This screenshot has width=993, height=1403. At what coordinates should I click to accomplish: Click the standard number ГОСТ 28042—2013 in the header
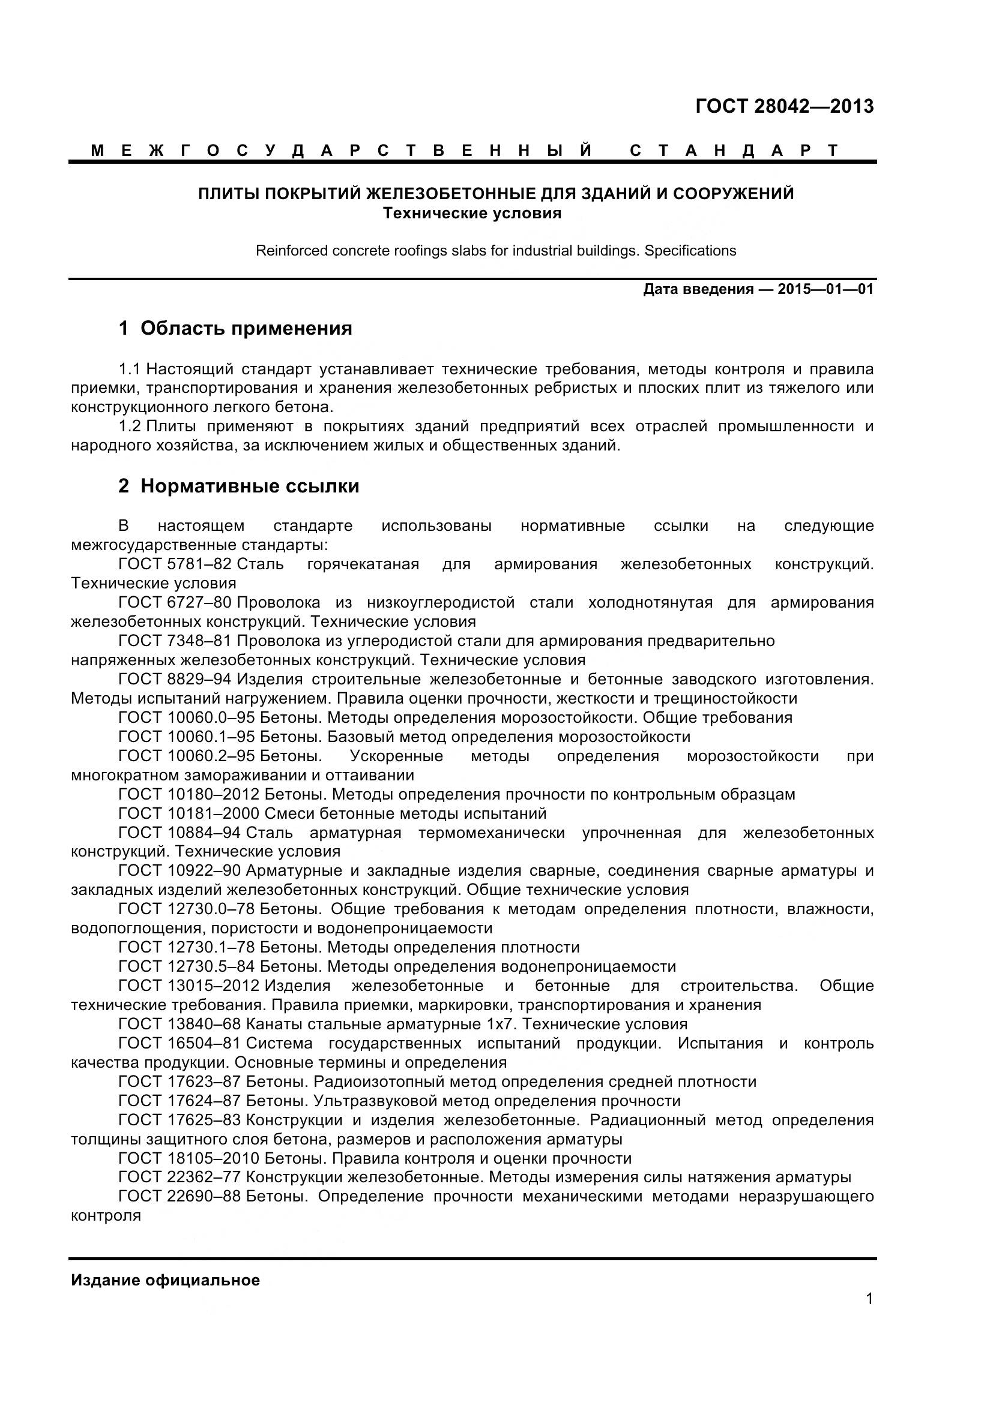point(785,106)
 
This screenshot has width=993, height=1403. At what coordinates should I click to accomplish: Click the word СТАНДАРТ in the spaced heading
point(734,151)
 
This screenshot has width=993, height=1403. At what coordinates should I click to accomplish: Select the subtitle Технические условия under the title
point(471,214)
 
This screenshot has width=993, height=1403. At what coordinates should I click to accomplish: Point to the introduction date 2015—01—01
point(825,289)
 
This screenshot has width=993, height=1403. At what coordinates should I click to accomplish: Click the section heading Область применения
point(246,328)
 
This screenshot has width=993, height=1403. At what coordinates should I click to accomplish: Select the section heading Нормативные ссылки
point(250,486)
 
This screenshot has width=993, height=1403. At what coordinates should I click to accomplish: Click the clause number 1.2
point(130,426)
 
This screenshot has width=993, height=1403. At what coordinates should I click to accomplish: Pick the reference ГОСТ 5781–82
point(174,563)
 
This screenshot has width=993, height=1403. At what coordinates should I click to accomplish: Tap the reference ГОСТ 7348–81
point(174,641)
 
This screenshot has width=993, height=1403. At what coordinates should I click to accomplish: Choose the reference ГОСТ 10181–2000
point(189,813)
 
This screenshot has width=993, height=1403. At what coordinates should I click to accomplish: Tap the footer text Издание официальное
point(165,1280)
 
